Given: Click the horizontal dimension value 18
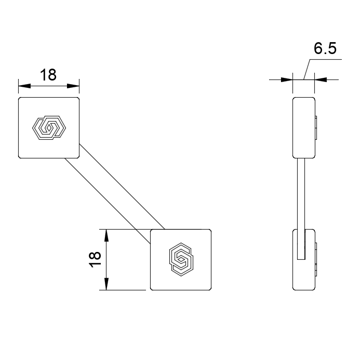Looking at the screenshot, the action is pos(48,75).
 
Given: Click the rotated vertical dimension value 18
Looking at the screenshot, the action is pos(95,260).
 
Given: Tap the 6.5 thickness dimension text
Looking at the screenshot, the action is pos(325,48).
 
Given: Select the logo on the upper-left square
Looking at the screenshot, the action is pos(49,128).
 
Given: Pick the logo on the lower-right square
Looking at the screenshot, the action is pos(181,259).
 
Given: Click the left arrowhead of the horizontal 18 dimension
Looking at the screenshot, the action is pos(24,86).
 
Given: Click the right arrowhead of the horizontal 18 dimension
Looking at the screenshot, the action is pos(73,86).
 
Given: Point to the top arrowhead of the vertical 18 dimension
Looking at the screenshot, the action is pos(106,235).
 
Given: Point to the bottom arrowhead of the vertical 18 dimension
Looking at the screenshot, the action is pos(106,284).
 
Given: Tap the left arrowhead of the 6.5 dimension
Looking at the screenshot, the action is pos(287,79).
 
